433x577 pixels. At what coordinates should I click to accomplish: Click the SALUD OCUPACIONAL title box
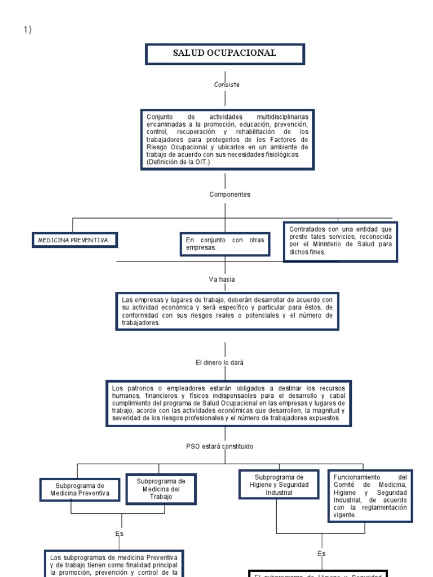(x=225, y=54)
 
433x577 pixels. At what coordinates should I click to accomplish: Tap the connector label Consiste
(x=227, y=85)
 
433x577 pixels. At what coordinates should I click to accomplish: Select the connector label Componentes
(x=229, y=194)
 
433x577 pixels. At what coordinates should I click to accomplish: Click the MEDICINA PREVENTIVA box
(x=74, y=241)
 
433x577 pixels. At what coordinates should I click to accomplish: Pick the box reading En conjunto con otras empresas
(x=224, y=244)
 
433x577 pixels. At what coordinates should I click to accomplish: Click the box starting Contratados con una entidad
(x=340, y=241)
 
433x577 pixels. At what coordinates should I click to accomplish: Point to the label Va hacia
(x=222, y=279)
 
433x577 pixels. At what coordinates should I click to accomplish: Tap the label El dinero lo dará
(x=220, y=363)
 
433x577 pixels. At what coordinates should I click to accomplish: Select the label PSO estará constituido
(x=220, y=446)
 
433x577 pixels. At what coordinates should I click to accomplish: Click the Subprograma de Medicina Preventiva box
(x=79, y=490)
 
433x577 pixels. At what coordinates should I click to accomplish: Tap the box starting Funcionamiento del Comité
(x=370, y=496)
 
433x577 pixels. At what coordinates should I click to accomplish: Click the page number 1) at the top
(x=28, y=30)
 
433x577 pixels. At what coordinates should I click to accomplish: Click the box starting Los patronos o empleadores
(x=228, y=403)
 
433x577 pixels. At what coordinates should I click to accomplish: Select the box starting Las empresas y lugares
(x=227, y=311)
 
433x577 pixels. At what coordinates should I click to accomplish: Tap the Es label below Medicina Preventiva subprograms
(x=120, y=534)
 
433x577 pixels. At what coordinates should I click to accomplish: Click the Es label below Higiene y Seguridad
(x=321, y=554)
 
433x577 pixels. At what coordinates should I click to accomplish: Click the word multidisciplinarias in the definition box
(x=282, y=117)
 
